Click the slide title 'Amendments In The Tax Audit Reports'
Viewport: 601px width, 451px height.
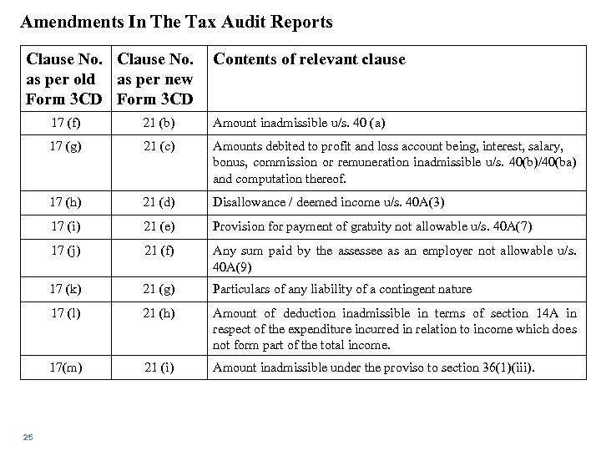[176, 23]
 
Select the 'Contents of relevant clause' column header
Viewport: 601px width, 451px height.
[310, 59]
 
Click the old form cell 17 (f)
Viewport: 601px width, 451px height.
[65, 123]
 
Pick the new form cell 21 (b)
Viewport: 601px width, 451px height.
[159, 123]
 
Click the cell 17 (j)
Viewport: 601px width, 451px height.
[65, 250]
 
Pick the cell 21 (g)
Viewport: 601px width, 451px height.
[159, 288]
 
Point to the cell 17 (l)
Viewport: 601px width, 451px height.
[65, 313]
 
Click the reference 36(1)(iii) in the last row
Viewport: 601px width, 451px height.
[497, 366]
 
